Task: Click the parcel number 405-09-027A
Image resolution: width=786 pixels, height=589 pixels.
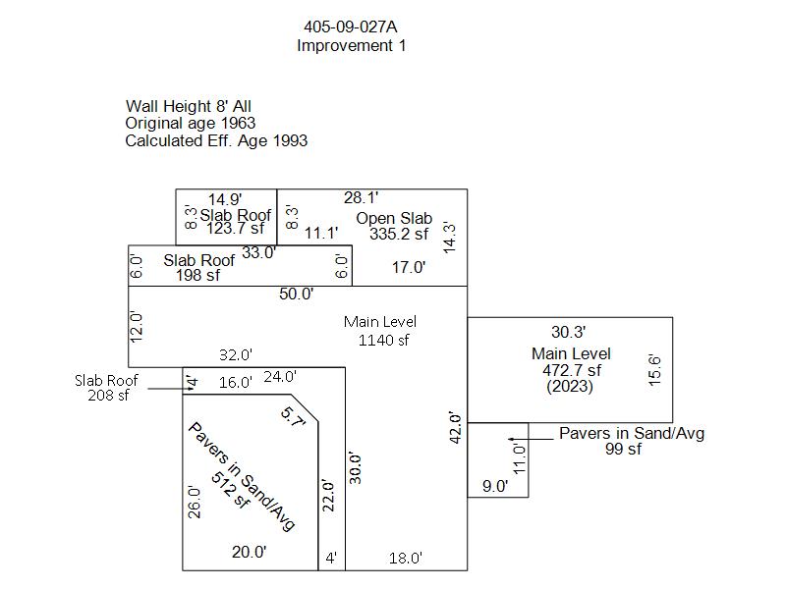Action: (351, 27)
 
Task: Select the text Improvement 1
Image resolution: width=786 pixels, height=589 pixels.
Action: (351, 45)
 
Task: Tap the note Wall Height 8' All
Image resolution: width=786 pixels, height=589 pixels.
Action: (196, 106)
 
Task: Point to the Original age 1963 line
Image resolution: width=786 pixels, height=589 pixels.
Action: (191, 123)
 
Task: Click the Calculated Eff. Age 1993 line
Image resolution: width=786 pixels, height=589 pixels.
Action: (216, 140)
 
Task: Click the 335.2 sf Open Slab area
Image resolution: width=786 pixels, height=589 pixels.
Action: (399, 234)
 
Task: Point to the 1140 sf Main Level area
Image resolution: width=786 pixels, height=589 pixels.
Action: (383, 340)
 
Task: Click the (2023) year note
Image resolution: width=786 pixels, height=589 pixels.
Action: (571, 387)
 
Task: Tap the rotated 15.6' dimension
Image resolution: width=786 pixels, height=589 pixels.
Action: (655, 370)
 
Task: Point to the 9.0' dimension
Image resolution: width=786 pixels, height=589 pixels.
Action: (494, 485)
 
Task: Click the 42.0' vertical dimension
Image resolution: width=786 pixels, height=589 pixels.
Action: (455, 428)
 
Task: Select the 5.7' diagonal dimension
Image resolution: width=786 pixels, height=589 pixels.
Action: (294, 417)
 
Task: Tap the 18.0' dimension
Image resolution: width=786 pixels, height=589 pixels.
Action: (405, 558)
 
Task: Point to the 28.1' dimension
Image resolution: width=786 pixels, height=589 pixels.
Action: (361, 198)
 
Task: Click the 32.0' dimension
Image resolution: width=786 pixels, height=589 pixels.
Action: (235, 354)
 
